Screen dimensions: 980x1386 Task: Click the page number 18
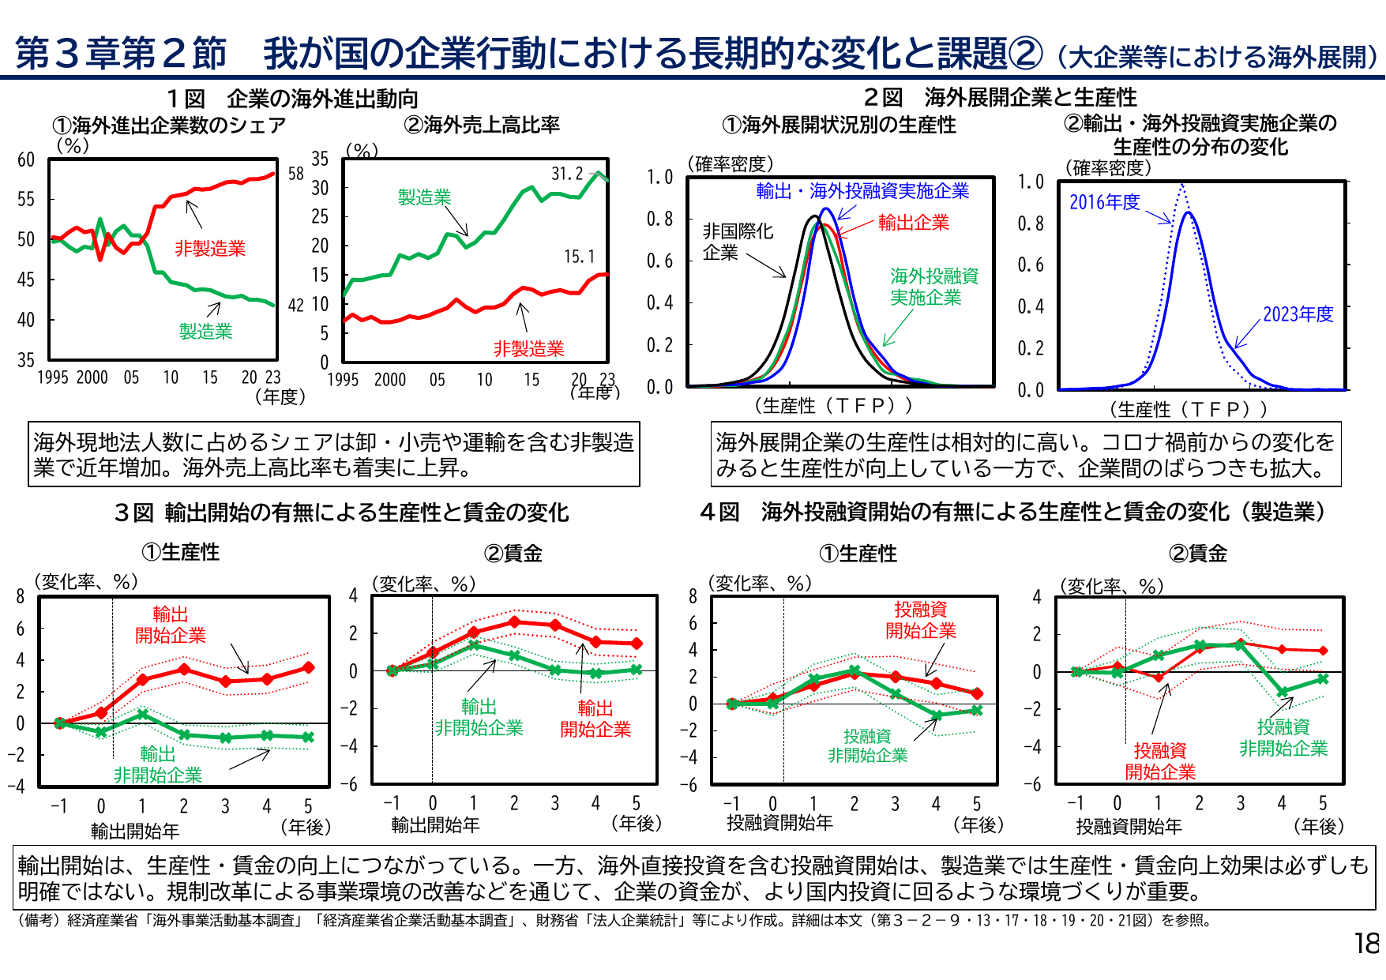point(1366,944)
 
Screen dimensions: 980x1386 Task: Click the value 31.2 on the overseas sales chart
point(567,174)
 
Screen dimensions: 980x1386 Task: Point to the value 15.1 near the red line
point(579,257)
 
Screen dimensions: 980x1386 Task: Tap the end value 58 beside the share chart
point(295,174)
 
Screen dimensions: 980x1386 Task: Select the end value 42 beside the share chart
point(295,306)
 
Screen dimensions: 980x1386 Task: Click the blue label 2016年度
point(1104,202)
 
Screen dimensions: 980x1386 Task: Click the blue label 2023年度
point(1298,314)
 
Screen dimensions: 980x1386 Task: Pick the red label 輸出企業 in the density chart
point(913,223)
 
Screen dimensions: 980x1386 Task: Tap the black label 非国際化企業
point(737,242)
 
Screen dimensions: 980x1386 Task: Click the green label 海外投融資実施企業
point(934,287)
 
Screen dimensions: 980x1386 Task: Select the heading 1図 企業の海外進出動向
point(292,99)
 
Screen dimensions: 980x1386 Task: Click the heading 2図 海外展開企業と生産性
point(1000,97)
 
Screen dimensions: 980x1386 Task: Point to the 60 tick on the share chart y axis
point(26,160)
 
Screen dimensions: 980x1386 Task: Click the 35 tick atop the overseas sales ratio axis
point(319,159)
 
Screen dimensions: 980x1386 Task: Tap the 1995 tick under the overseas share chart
point(52,377)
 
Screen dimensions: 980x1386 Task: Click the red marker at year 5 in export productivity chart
point(309,667)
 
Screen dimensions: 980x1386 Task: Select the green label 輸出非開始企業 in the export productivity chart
point(158,764)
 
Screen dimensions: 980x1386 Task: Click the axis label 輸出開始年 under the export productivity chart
point(135,831)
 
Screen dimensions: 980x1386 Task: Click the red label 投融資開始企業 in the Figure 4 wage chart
point(1159,761)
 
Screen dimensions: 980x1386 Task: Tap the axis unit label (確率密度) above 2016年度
point(1108,167)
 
